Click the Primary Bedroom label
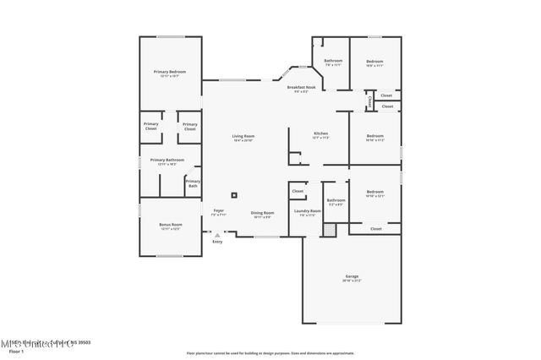pyautogui.click(x=170, y=72)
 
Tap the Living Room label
pyautogui.click(x=243, y=136)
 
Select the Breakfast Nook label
pyautogui.click(x=301, y=88)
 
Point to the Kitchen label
pyautogui.click(x=320, y=134)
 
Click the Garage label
pyautogui.click(x=352, y=277)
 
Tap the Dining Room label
pyautogui.click(x=262, y=213)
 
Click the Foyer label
pyautogui.click(x=218, y=210)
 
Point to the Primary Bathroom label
pyautogui.click(x=167, y=160)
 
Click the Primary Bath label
pyautogui.click(x=193, y=183)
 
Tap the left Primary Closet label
pyautogui.click(x=150, y=127)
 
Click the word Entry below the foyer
pyautogui.click(x=217, y=242)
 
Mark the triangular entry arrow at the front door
pyautogui.click(x=217, y=234)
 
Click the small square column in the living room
pyautogui.click(x=236, y=190)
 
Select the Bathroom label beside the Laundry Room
pyautogui.click(x=336, y=200)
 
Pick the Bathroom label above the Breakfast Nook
pyautogui.click(x=333, y=61)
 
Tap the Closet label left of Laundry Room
pyautogui.click(x=298, y=192)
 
